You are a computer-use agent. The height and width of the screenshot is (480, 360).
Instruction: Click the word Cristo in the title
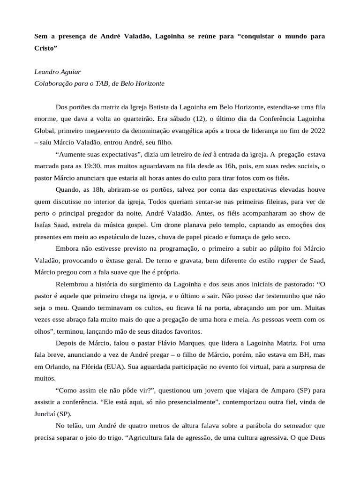point(45,48)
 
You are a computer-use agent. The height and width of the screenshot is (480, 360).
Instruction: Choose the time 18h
point(95,189)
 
